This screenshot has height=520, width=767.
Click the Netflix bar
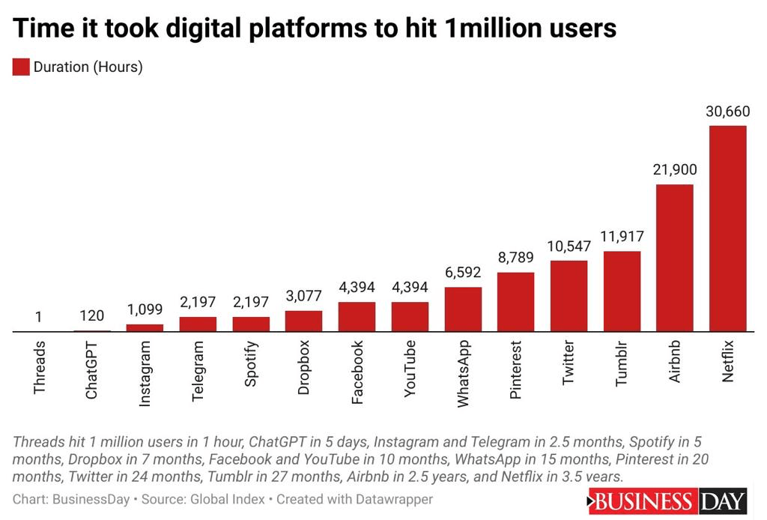[728, 229]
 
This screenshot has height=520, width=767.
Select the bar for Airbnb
[675, 258]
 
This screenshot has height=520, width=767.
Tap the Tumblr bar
[622, 291]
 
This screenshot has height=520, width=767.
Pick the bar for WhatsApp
[463, 309]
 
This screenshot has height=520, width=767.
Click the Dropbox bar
[304, 321]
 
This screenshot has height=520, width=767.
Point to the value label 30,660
[728, 112]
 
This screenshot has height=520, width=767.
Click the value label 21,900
[675, 170]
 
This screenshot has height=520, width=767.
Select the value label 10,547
[569, 246]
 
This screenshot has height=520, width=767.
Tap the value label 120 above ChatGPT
[91, 315]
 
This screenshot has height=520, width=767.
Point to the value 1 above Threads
[38, 317]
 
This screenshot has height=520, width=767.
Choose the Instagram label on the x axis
[145, 373]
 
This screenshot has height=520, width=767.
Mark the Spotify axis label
[252, 363]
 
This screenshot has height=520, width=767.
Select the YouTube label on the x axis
[410, 369]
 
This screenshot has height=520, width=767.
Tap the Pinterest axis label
[516, 370]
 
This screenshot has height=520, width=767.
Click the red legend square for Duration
[21, 67]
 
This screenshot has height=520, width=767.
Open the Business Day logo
[668, 501]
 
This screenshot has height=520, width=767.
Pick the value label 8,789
[515, 258]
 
